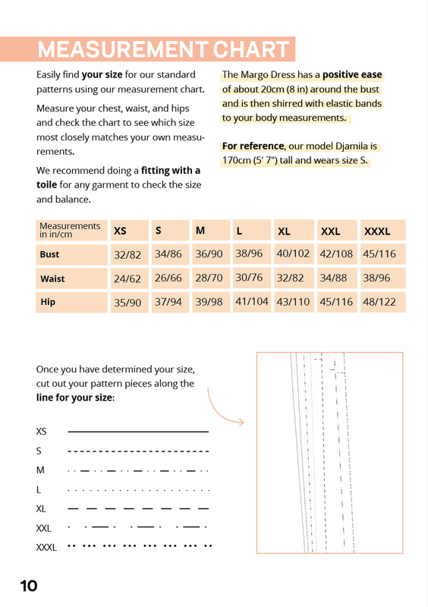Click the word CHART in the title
pos(250,49)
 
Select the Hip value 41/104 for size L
pos(252,301)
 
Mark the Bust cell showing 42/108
pos(336,254)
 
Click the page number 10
pos(29,586)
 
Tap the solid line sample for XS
pos(138,431)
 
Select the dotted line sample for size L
pos(139,490)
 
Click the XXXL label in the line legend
pos(46,547)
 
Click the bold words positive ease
pos(352,74)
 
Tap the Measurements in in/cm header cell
pos(70,230)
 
